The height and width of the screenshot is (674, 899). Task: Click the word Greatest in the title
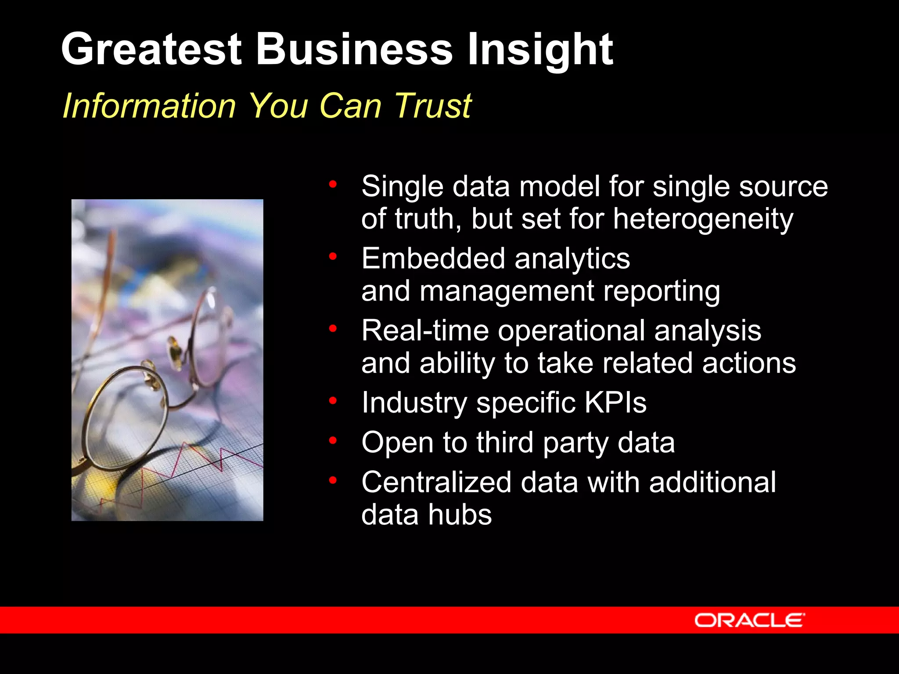pos(151,49)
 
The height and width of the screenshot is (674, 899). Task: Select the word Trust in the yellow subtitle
pos(433,106)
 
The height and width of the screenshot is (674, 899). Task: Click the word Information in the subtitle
pos(150,106)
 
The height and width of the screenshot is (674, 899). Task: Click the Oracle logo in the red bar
pos(749,620)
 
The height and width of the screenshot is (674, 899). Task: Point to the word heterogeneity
pos(703,219)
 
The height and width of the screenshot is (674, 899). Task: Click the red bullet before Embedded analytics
pos(333,256)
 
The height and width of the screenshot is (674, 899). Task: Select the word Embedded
pos(433,258)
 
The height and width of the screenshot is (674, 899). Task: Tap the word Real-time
pos(425,330)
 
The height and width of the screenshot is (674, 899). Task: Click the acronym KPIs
pos(615,402)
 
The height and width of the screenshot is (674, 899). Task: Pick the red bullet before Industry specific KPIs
pos(333,400)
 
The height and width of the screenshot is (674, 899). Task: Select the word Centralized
pos(436,482)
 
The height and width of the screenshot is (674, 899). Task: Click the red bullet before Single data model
pos(333,184)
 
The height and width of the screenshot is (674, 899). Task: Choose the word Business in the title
pos(354,49)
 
